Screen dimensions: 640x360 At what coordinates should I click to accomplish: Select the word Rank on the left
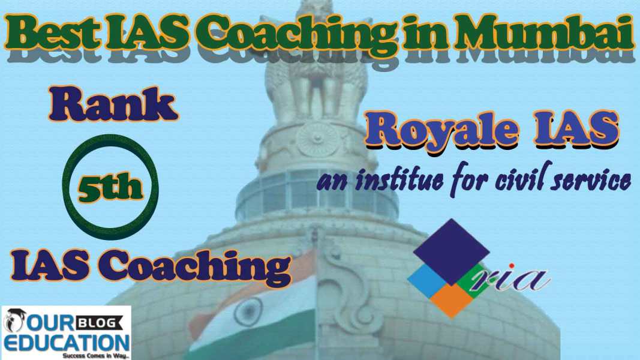coord(113,104)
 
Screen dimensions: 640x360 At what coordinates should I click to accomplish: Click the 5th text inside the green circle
coord(110,187)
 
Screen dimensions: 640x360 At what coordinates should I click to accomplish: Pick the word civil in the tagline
coord(519,179)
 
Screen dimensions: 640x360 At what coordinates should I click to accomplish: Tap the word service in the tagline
coord(590,181)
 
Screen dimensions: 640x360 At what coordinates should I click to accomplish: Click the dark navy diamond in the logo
coord(451,251)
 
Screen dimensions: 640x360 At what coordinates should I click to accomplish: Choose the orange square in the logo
coord(452,301)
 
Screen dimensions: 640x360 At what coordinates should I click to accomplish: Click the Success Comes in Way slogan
coord(96,356)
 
